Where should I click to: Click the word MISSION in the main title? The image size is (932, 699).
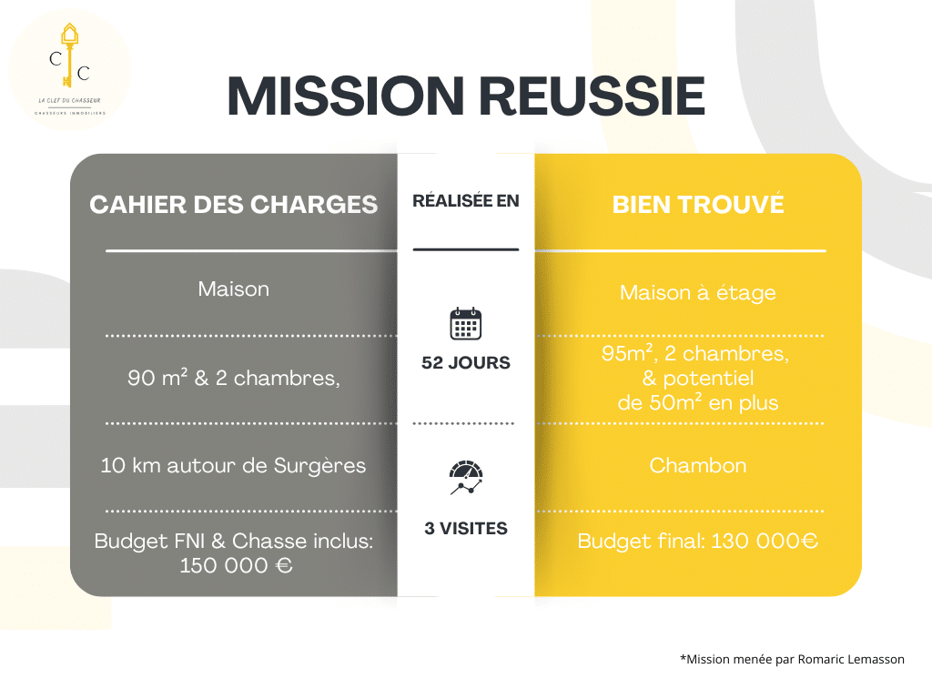[x=345, y=96]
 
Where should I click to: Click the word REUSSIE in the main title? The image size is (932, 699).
[x=592, y=96]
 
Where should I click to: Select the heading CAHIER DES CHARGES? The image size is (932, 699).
[x=234, y=205]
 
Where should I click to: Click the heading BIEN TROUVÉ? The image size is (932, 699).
[x=698, y=205]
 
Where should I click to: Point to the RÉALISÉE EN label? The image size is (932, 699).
[x=466, y=201]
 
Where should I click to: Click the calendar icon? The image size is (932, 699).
[x=466, y=323]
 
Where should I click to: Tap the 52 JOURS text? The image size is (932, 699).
[x=466, y=362]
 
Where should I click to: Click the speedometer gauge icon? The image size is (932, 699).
[x=466, y=477]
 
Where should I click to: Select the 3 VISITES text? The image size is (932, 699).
[x=466, y=529]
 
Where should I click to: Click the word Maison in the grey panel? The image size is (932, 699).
[x=234, y=289]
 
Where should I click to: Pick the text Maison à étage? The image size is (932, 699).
[x=698, y=292]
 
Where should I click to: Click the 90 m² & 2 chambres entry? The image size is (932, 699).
[x=234, y=378]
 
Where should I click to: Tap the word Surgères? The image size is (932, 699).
[x=319, y=466]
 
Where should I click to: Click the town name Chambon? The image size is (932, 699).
[x=698, y=465]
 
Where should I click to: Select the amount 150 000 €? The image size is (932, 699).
[x=236, y=565]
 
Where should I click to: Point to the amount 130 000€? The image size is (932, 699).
[x=765, y=541]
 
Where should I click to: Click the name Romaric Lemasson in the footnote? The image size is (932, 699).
[x=851, y=659]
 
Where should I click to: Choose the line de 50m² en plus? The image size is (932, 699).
[x=698, y=402]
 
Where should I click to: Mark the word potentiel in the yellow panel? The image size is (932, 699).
[x=708, y=378]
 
